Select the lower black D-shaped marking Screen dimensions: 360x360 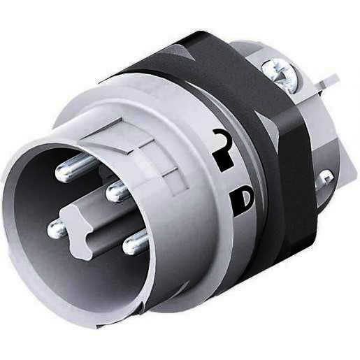(x=242, y=202)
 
